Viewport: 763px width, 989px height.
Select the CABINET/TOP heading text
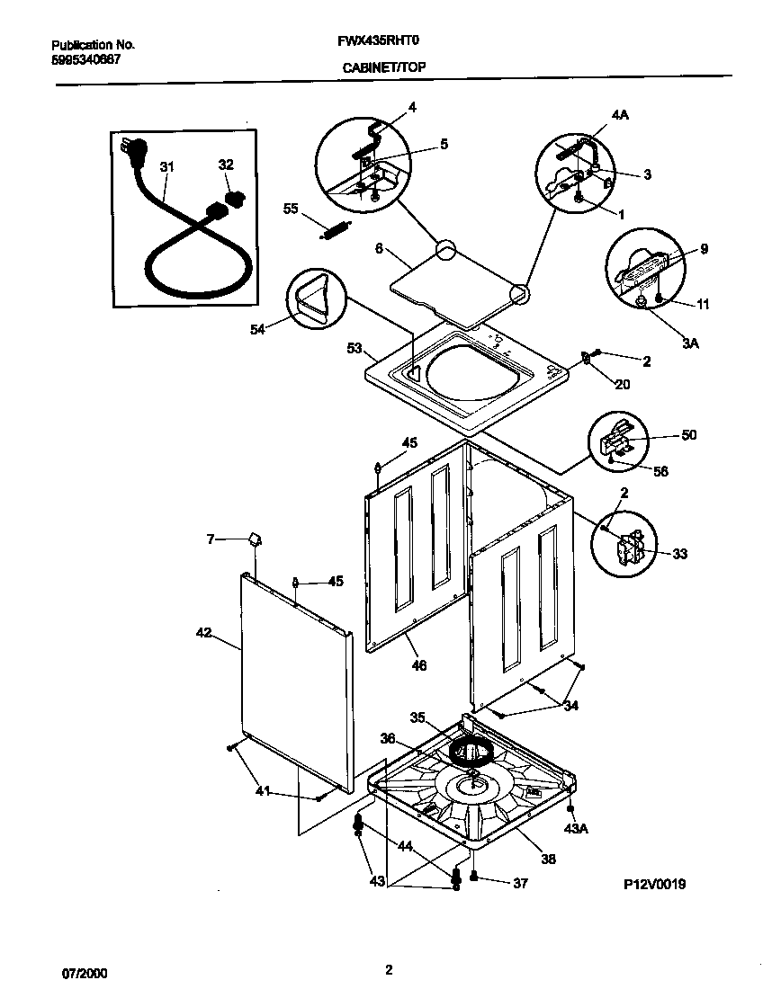(383, 67)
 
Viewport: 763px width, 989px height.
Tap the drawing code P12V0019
(655, 884)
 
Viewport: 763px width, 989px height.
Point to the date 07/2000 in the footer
(79, 972)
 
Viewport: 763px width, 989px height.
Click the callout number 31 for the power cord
(167, 166)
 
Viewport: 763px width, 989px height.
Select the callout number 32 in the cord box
(225, 165)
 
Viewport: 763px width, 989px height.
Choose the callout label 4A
(620, 116)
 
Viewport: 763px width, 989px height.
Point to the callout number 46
(418, 665)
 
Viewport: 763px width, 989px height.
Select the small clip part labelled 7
(255, 539)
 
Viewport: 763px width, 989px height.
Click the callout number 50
(688, 435)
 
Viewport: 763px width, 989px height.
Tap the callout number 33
(679, 554)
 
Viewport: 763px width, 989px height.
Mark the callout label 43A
(577, 827)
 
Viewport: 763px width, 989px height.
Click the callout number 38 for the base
(547, 859)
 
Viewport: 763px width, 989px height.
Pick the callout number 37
(519, 884)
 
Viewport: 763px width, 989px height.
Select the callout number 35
(417, 717)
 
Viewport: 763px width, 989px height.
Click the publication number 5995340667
(85, 59)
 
